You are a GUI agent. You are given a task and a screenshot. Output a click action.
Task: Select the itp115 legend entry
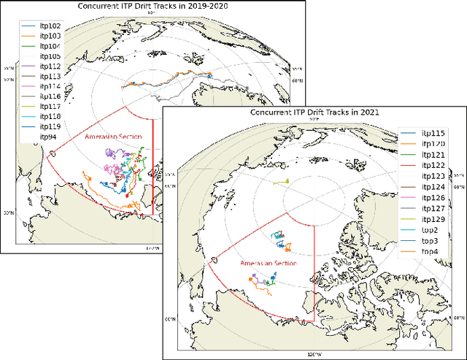433,134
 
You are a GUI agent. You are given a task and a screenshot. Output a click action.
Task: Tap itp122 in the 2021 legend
433,165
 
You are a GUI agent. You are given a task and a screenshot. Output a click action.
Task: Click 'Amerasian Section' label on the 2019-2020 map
117,137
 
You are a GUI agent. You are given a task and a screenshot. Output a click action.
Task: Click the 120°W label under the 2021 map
314,354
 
